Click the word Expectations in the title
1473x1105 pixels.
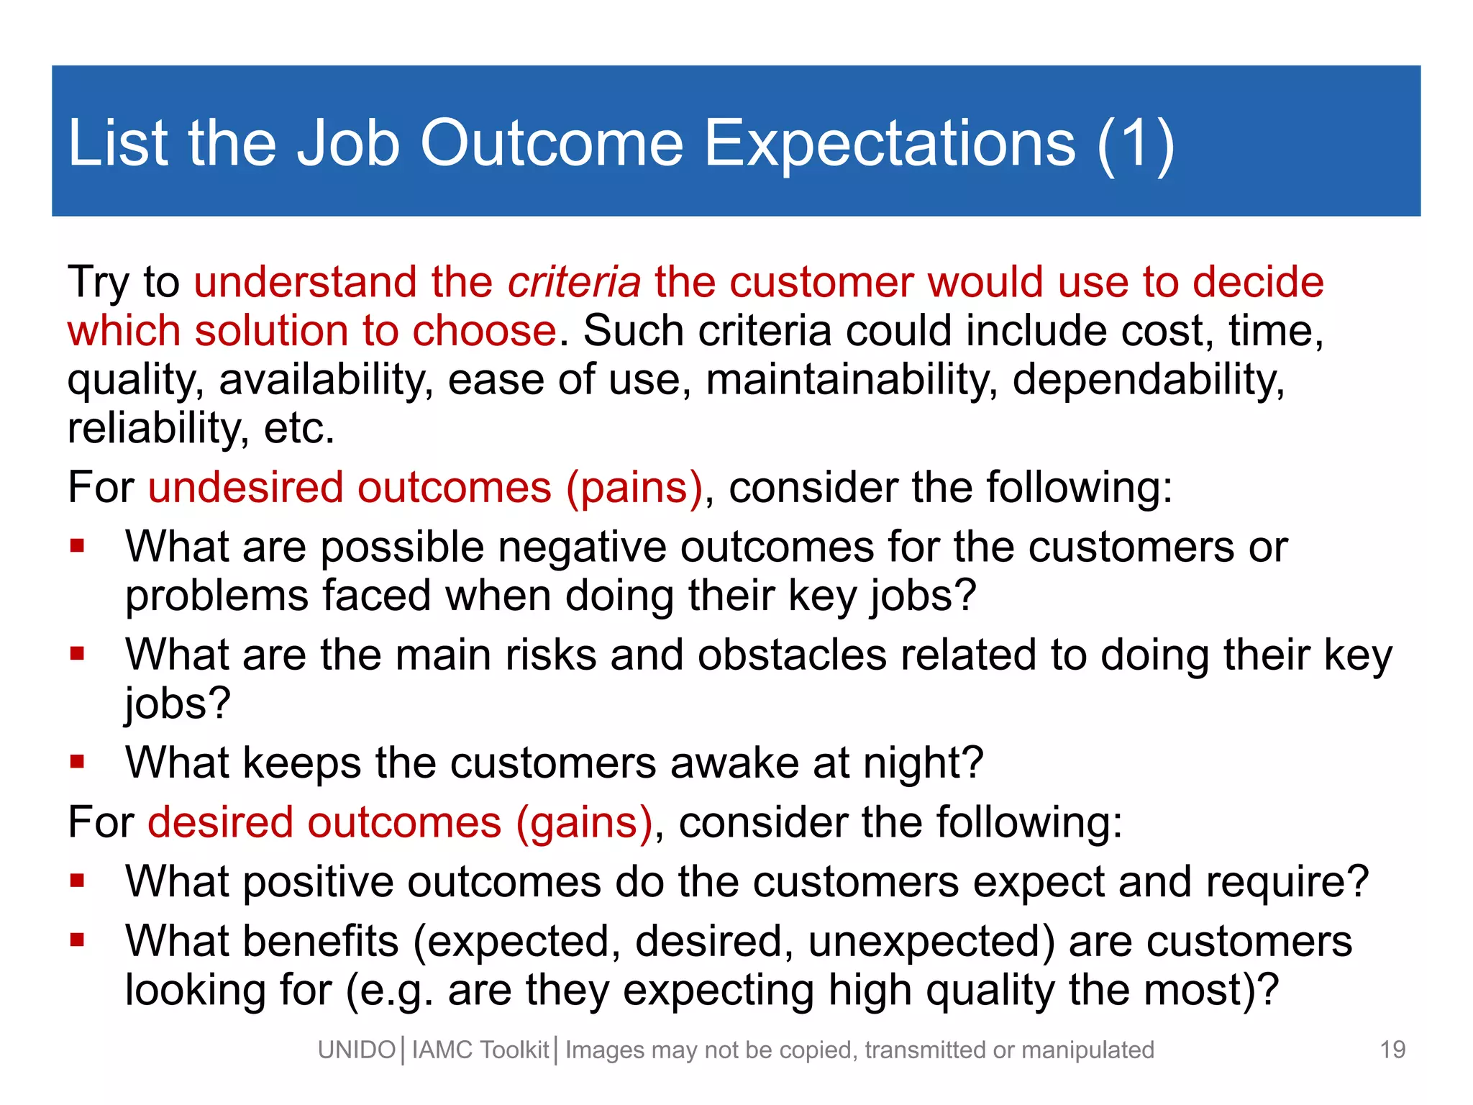889,143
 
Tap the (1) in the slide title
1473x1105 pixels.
1136,143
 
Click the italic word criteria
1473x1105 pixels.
574,282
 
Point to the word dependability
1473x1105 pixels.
1148,379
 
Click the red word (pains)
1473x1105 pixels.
634,488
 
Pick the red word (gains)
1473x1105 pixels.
583,822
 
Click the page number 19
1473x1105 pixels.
1392,1050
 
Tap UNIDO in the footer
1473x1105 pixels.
357,1050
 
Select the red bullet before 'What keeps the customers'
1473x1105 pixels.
78,761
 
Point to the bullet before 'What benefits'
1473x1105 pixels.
78,940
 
